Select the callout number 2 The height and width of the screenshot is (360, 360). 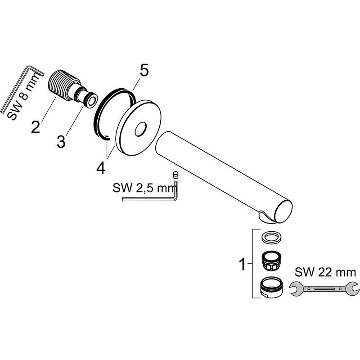[36, 126]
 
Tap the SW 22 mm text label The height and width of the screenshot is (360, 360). [325, 272]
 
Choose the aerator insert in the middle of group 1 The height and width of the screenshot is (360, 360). [270, 260]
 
